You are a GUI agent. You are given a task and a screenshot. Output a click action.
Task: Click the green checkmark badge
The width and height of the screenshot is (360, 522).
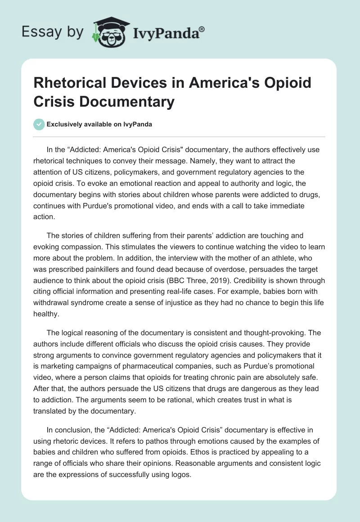[x=39, y=124]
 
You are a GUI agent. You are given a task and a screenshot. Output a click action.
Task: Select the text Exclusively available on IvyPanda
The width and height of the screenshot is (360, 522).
[x=100, y=125]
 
